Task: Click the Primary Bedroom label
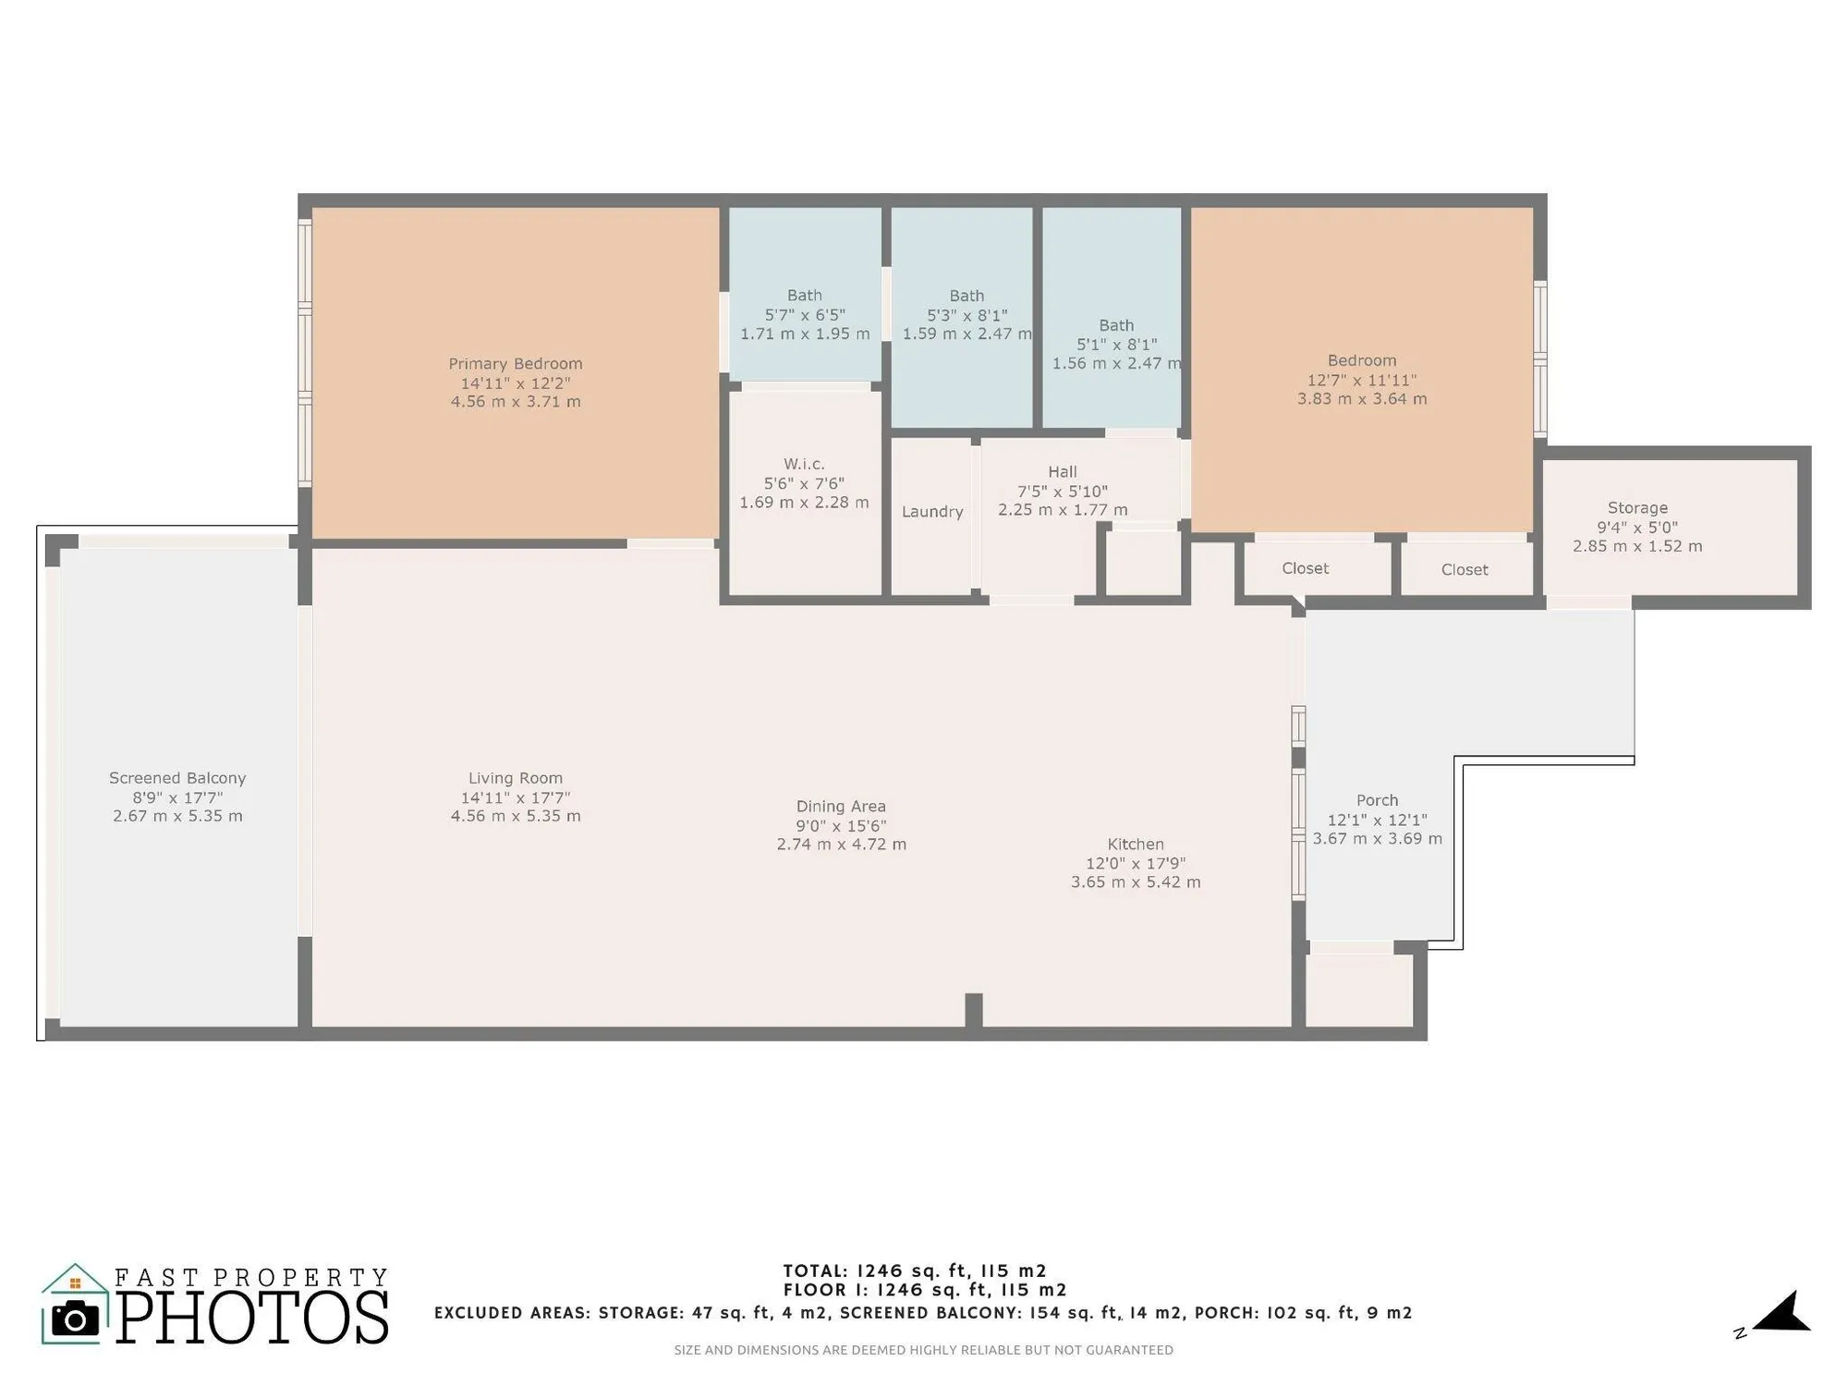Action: pyautogui.click(x=515, y=364)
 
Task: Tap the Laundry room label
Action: pyautogui.click(x=932, y=512)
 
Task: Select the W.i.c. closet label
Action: pyautogui.click(x=804, y=464)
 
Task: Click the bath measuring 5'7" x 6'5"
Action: pyautogui.click(x=804, y=315)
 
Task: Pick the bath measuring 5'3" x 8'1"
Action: pyautogui.click(x=967, y=315)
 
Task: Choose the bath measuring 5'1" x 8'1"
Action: pyautogui.click(x=1116, y=345)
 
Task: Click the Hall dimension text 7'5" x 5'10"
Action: pyautogui.click(x=1063, y=492)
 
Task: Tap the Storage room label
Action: pyautogui.click(x=1637, y=508)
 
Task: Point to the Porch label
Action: pyautogui.click(x=1377, y=800)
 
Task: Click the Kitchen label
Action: pyautogui.click(x=1136, y=844)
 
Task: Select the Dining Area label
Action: pyautogui.click(x=841, y=807)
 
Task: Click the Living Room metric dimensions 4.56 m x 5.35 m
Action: pyautogui.click(x=515, y=816)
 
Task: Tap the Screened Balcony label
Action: pyautogui.click(x=177, y=778)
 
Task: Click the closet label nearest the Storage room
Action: pyautogui.click(x=1465, y=570)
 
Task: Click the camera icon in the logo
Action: pyautogui.click(x=75, y=1319)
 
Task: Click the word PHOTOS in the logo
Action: pyautogui.click(x=251, y=1319)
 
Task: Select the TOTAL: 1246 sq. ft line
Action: pyautogui.click(x=915, y=1270)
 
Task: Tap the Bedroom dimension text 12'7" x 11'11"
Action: pyautogui.click(x=1361, y=380)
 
